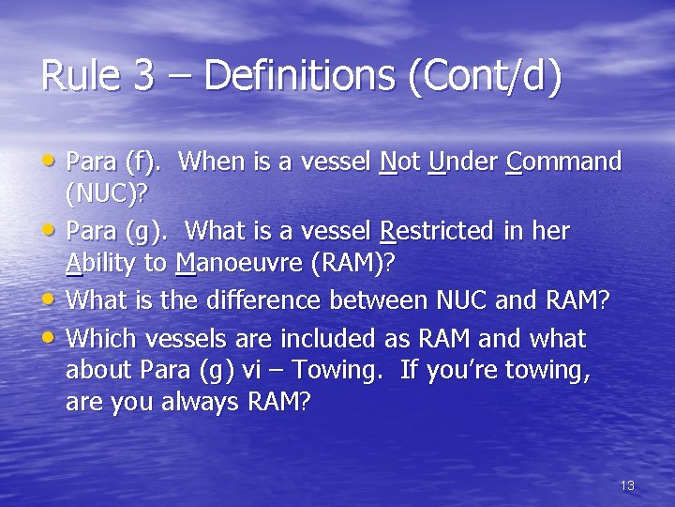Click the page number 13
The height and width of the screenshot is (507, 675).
[x=627, y=485]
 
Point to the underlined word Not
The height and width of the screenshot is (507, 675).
[x=399, y=161]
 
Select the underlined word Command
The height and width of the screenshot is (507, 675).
[x=562, y=161]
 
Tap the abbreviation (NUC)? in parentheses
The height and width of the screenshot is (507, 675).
[x=108, y=194]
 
